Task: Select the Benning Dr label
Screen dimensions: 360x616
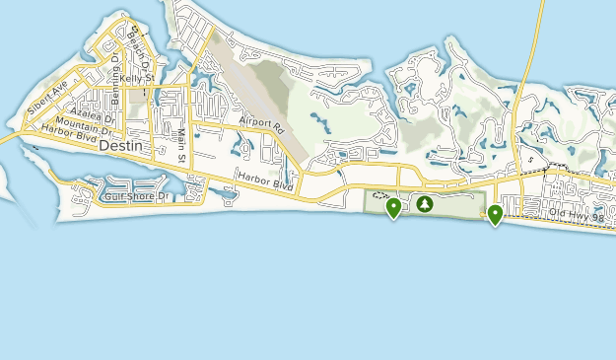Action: [x=116, y=71]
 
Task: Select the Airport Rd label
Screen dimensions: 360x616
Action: [x=260, y=126]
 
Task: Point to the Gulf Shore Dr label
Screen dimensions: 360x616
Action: [x=137, y=196]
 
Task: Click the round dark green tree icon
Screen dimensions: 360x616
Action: [x=425, y=204]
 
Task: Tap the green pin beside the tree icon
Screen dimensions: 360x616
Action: [x=393, y=207]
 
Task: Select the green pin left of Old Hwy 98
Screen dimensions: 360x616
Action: [x=495, y=213]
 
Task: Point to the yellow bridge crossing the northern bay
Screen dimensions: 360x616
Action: [x=532, y=49]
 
